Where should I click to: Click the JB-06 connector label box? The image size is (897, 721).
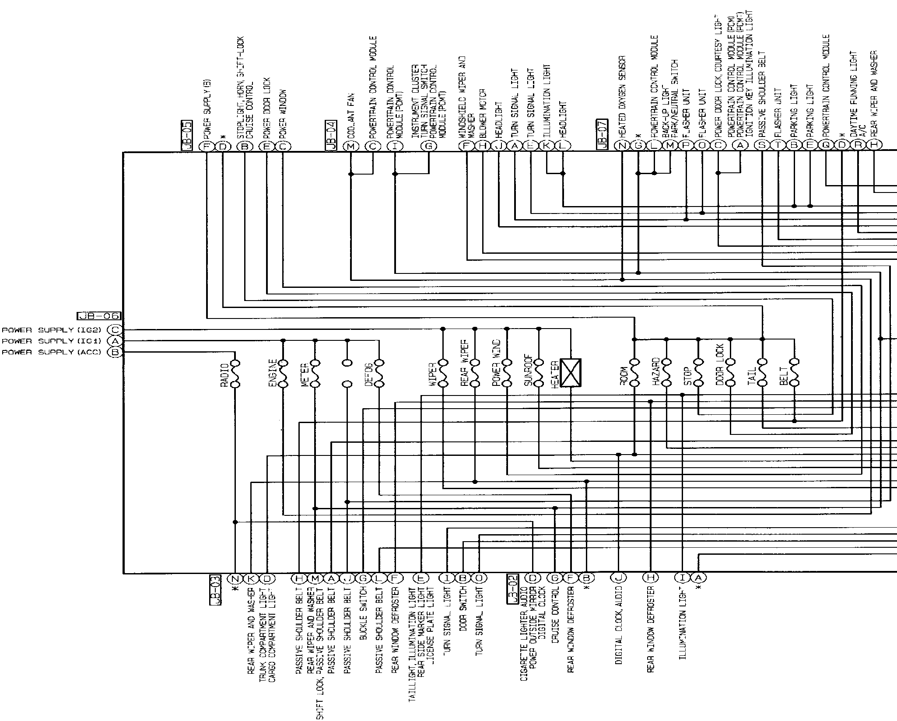pyautogui.click(x=98, y=316)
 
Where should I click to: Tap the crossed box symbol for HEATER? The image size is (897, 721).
pyautogui.click(x=571, y=373)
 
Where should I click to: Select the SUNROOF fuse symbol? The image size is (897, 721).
pyautogui.click(x=539, y=373)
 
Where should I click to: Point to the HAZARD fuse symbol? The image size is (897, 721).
pyautogui.click(x=666, y=373)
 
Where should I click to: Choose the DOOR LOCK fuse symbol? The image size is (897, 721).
pyautogui.click(x=730, y=373)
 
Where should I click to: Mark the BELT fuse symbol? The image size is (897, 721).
pyautogui.click(x=794, y=373)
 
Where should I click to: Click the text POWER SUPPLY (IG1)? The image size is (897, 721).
pyautogui.click(x=52, y=341)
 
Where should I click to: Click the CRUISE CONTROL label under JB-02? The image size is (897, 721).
pyautogui.click(x=555, y=614)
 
